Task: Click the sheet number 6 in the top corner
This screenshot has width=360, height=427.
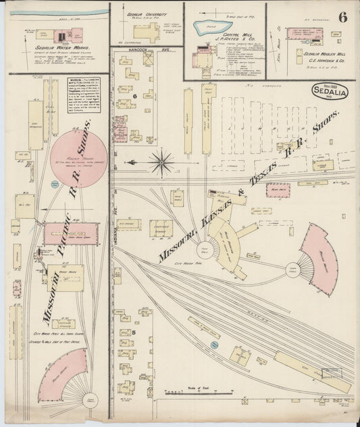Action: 343,18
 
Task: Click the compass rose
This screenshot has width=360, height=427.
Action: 161,162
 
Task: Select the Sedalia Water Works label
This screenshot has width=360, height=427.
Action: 49,49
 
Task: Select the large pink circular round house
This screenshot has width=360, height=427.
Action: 78,157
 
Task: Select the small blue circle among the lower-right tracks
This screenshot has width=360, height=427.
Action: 214,345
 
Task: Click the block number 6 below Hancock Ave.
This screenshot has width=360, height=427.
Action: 135,97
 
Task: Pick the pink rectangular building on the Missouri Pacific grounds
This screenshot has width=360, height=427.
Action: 71,234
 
